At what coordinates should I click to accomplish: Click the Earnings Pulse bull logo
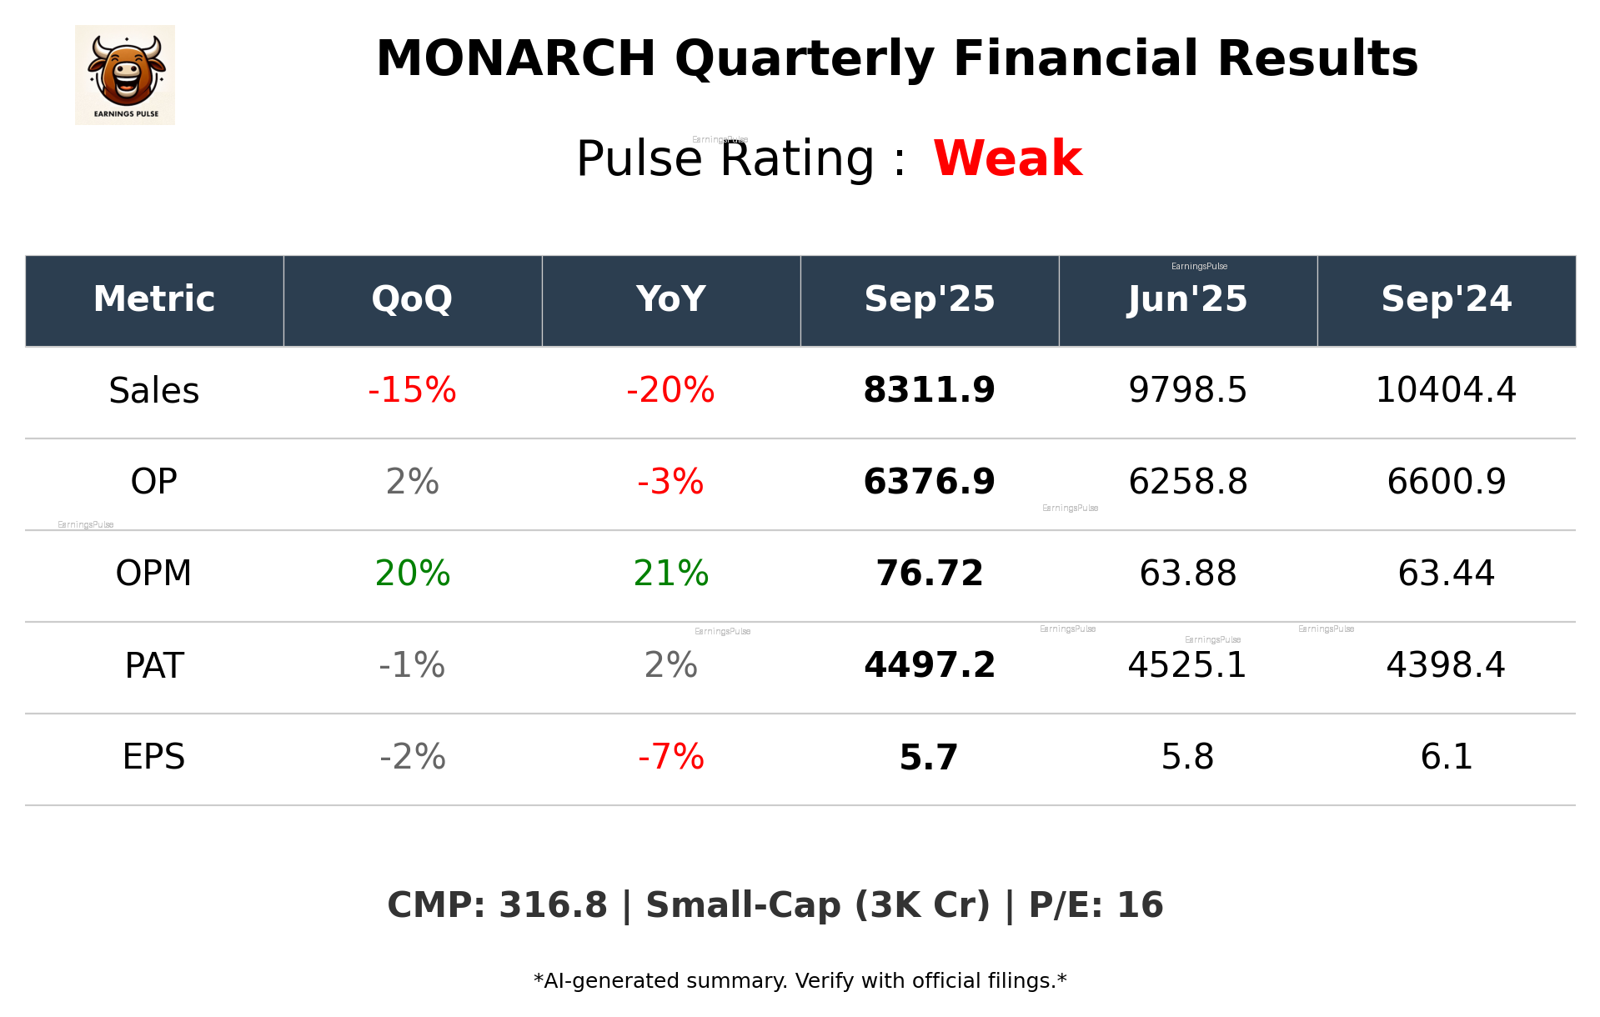point(125,75)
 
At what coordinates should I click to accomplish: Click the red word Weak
point(1007,158)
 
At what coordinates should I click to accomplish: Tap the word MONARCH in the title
point(515,59)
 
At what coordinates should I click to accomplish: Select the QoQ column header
point(412,299)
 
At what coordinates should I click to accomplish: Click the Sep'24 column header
point(1446,299)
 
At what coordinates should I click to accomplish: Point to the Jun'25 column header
point(1187,299)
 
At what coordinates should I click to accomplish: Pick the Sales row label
point(154,390)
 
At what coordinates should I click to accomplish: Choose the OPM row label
point(154,574)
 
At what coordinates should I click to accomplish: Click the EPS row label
point(154,757)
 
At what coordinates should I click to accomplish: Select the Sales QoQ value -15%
point(412,390)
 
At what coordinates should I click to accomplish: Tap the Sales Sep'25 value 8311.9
point(929,390)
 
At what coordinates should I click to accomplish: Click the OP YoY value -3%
point(670,482)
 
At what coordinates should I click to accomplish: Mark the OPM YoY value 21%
point(670,574)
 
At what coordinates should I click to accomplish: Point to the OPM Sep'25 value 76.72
point(929,574)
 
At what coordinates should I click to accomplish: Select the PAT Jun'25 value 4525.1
point(1187,665)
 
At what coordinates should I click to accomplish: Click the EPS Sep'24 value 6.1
point(1446,757)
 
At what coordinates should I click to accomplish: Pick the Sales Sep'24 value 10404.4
point(1446,390)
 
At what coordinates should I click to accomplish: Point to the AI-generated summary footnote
point(800,981)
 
